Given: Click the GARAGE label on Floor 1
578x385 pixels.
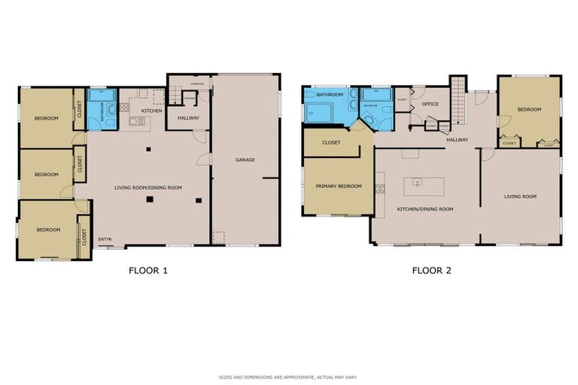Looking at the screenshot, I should coord(245,159).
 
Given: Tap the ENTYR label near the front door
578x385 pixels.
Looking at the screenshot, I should coord(105,239).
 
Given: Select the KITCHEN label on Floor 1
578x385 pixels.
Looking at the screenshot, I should coord(152,111).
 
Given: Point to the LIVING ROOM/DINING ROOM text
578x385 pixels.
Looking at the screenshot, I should coord(148,188).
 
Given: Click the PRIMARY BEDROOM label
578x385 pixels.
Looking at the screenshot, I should coord(339,186).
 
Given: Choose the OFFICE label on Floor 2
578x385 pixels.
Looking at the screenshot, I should coord(430,104).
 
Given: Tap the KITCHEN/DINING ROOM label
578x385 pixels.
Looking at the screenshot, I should coord(426,208).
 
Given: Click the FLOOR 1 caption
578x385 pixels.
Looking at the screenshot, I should coord(148,271).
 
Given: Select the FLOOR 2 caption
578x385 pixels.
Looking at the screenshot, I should coord(431,271).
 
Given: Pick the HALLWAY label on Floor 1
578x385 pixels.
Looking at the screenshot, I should coord(187,117).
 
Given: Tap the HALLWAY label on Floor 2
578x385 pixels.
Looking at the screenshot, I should coord(457,139).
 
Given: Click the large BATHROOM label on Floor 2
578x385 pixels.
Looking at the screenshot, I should coord(330,95).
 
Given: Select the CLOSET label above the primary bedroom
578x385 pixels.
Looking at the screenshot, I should coord(331,142).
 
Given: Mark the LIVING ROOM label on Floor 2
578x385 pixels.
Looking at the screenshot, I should coord(520,196).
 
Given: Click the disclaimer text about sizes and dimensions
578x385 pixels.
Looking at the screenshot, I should coord(288,376).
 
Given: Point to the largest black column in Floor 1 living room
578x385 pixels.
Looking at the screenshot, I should coord(150,199).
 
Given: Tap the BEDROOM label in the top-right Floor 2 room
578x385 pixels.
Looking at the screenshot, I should coord(529,110).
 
